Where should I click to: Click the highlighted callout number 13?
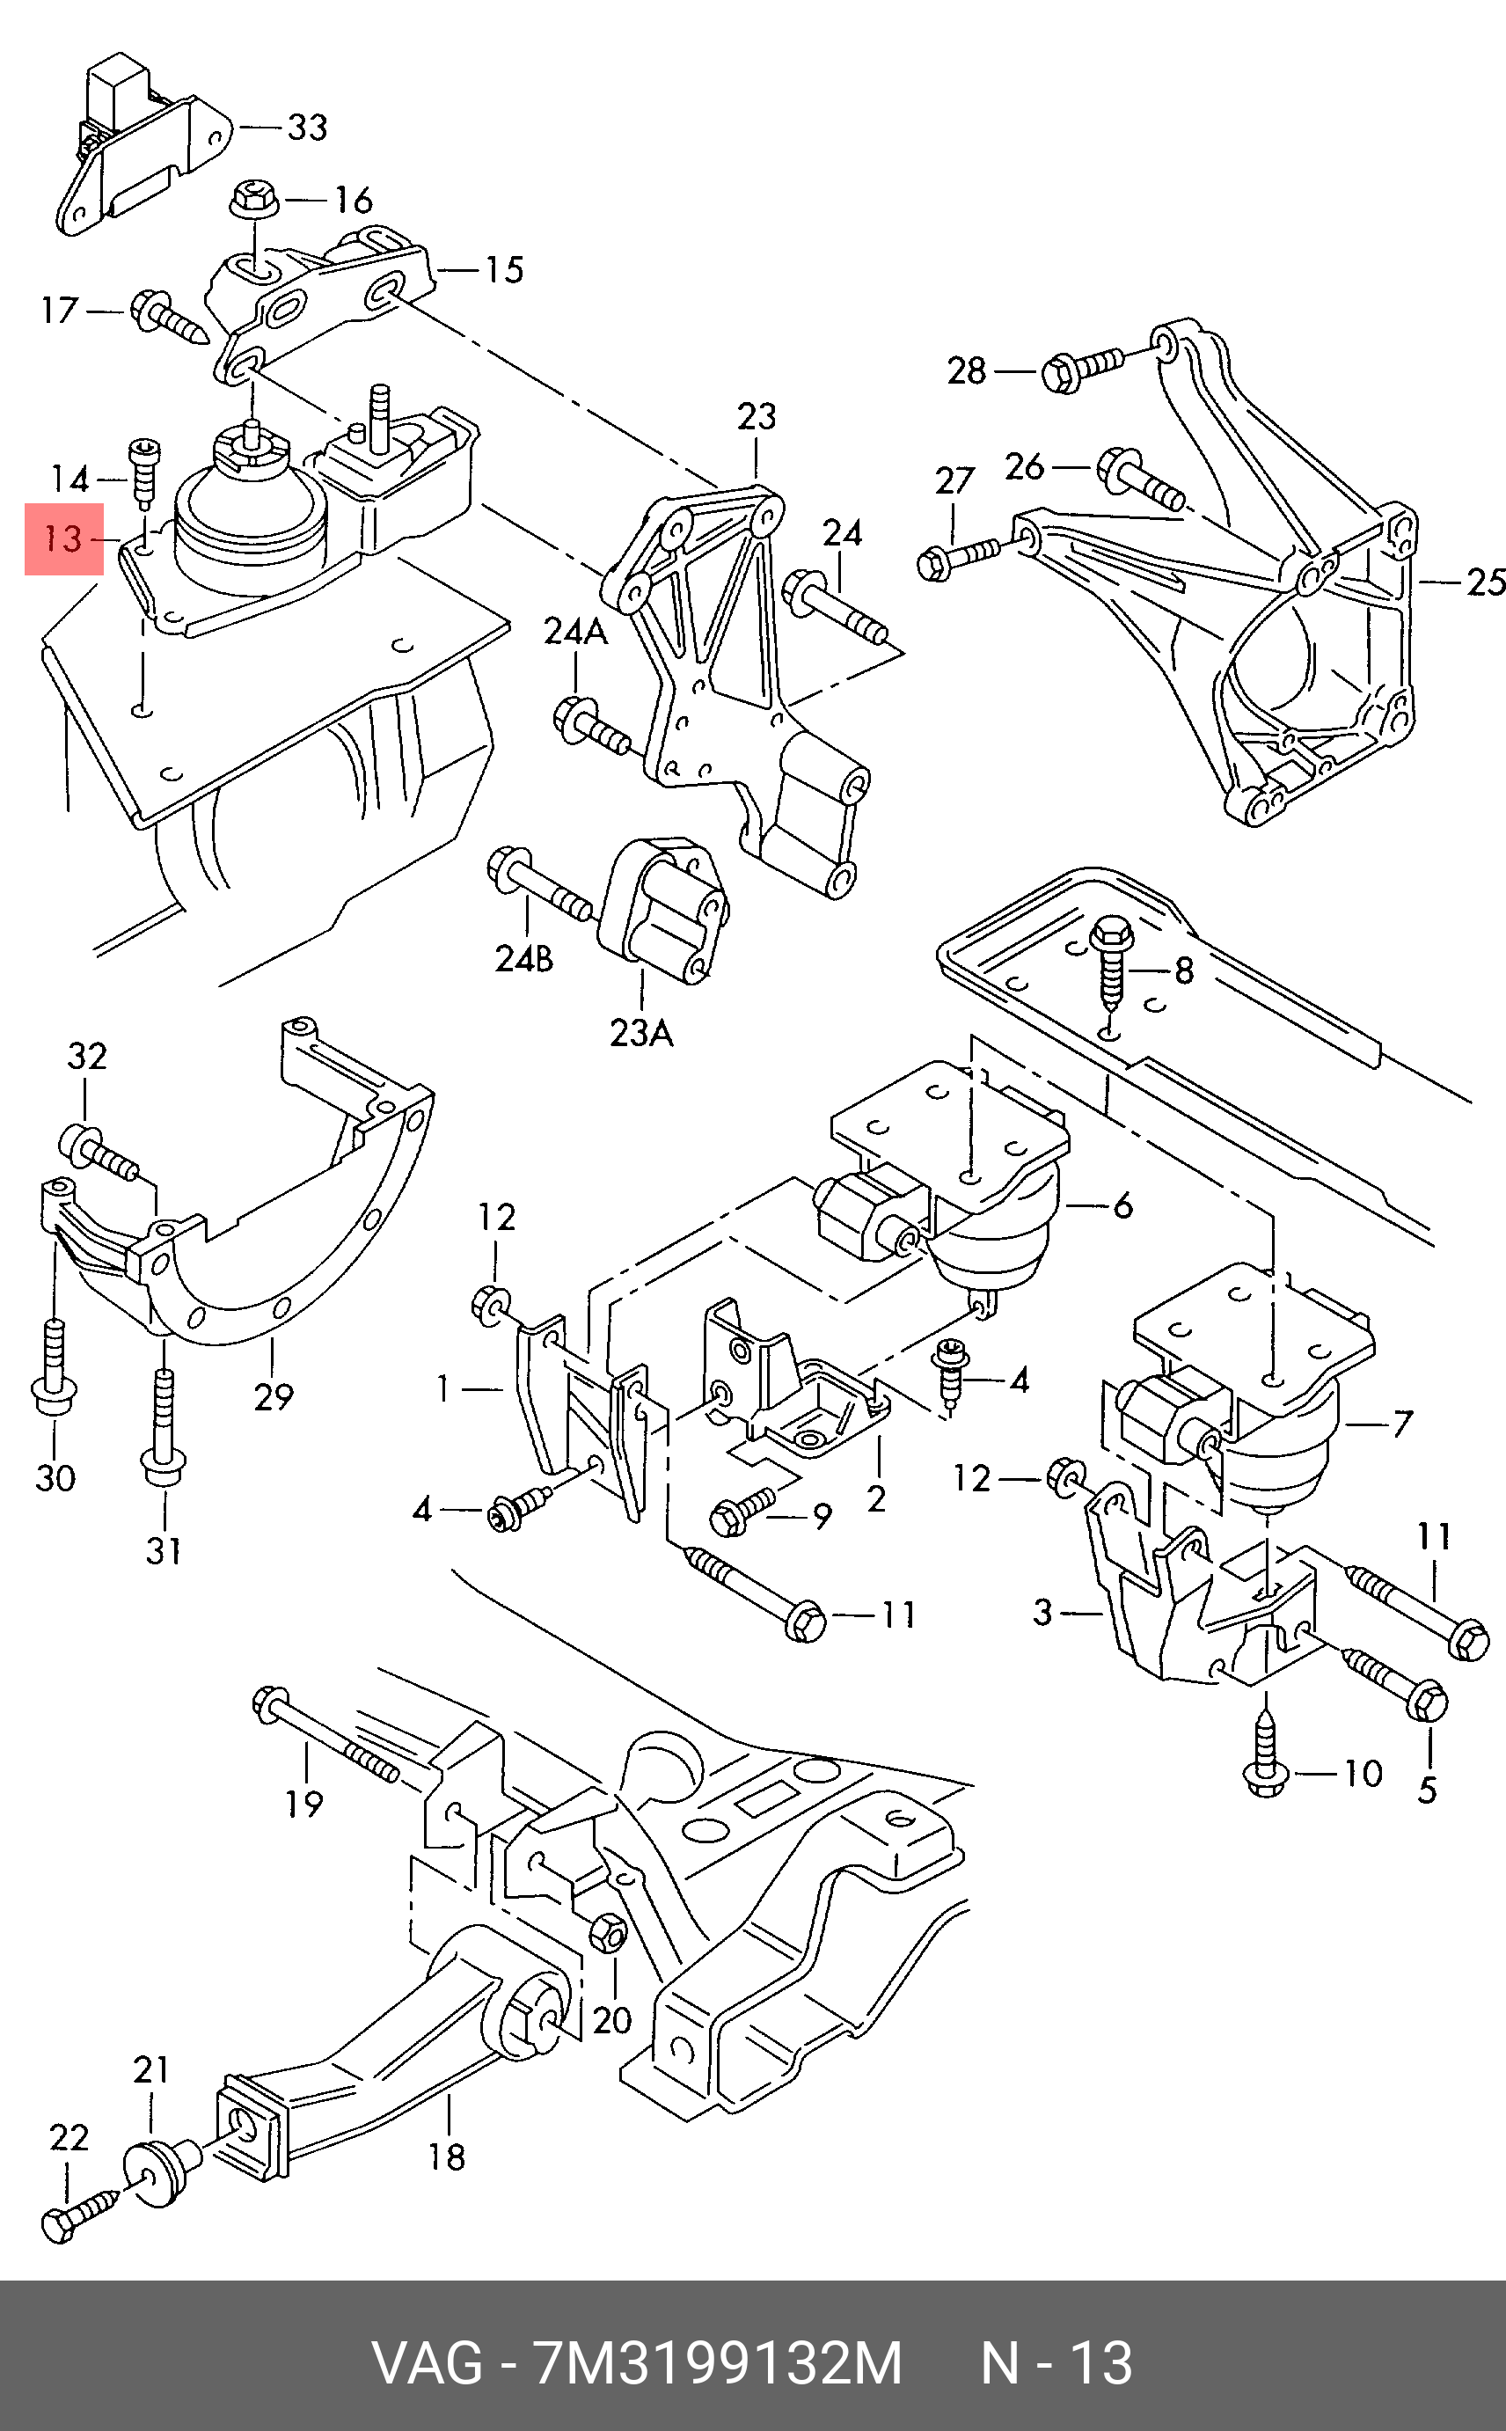pos(63,539)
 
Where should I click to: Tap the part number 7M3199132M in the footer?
pos(718,2363)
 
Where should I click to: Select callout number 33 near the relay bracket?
pos(308,128)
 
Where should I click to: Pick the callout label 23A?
pos(641,1033)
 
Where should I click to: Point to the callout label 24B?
pos(524,958)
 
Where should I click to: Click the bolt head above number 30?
pos(55,1396)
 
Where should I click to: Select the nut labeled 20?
pos(608,1934)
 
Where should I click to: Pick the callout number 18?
pos(447,2156)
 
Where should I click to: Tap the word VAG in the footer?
pos(428,2363)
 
